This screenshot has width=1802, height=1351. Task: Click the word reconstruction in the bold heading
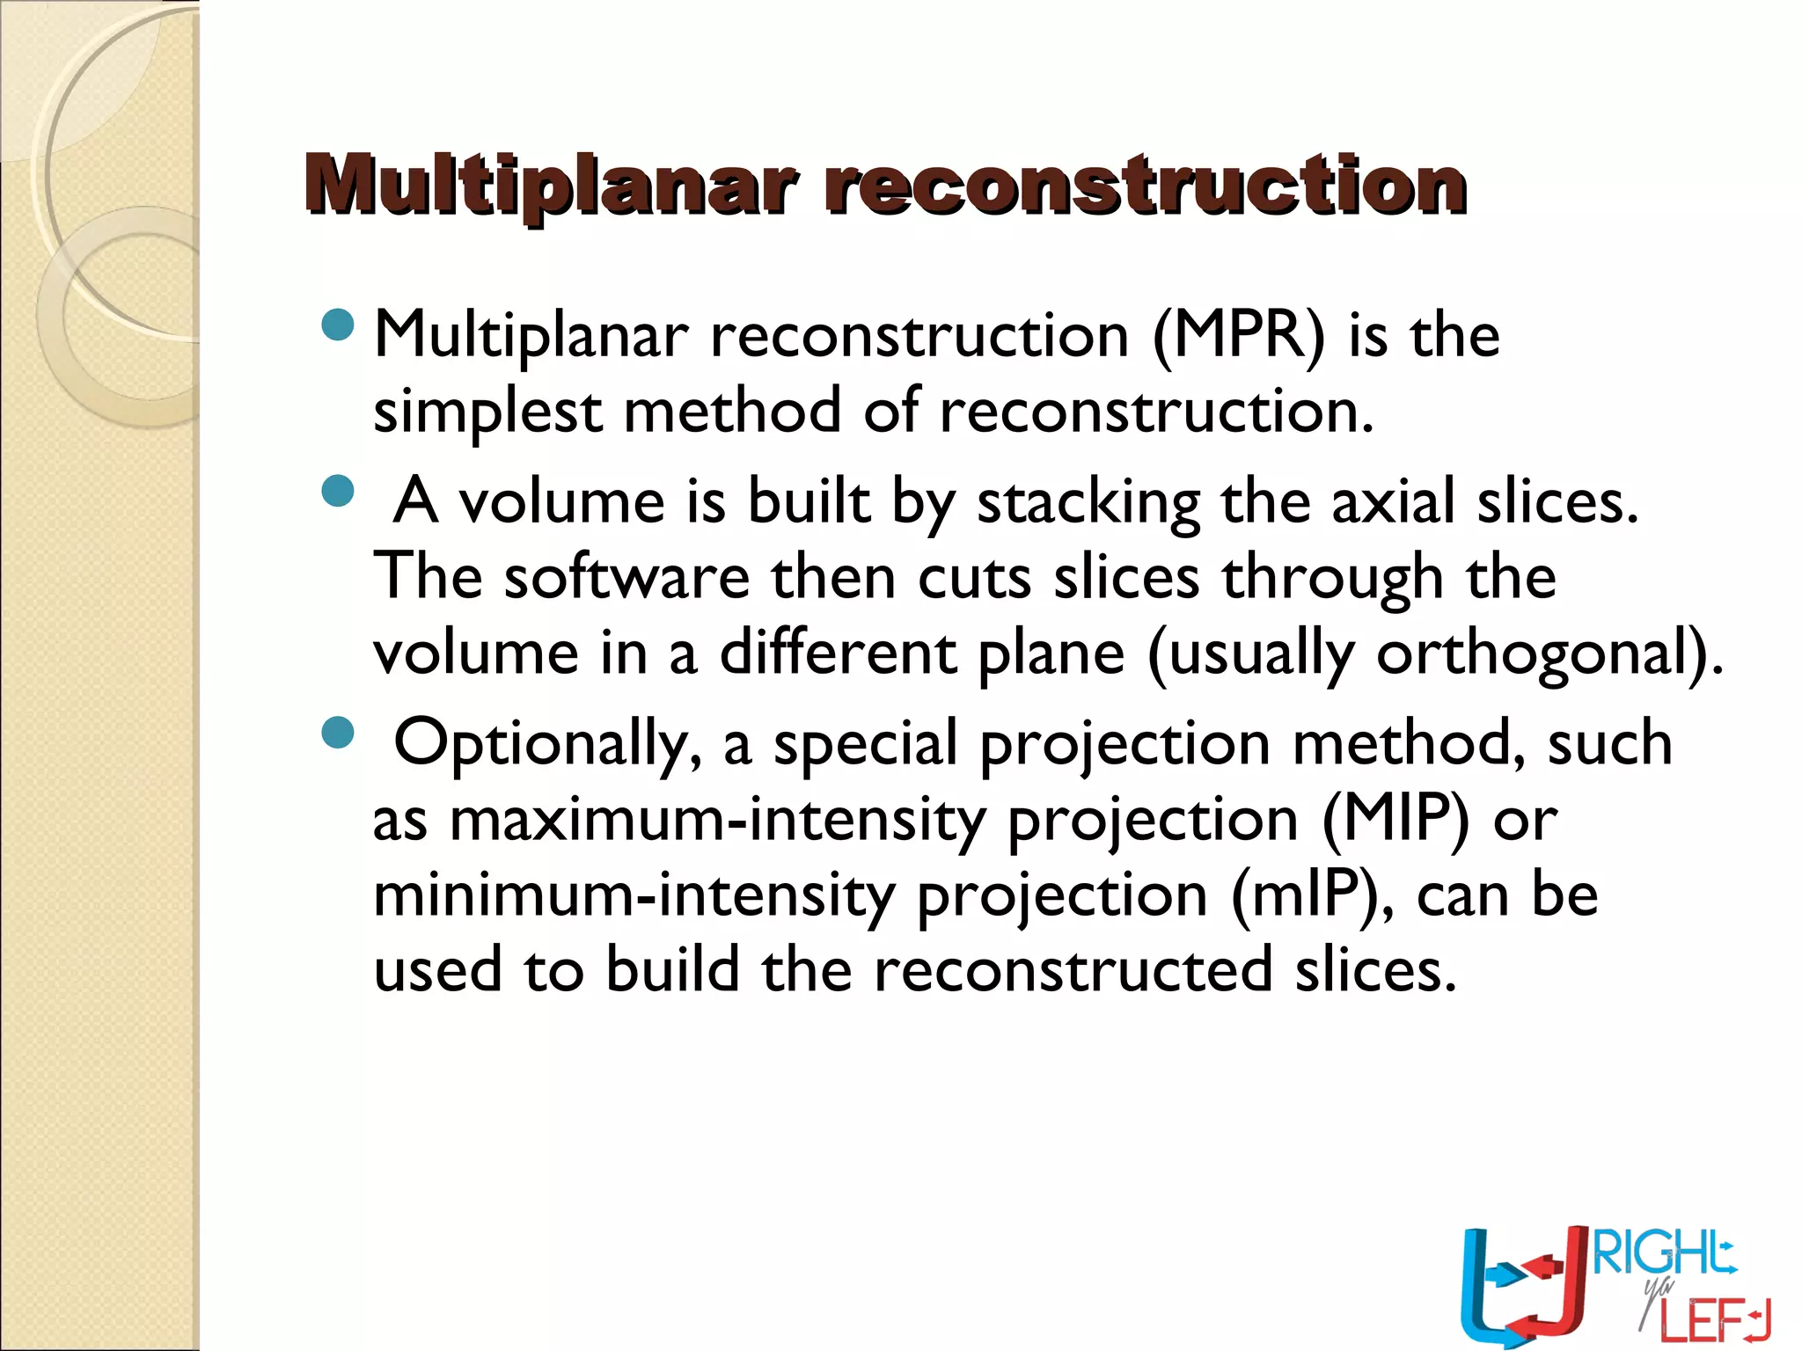1144,186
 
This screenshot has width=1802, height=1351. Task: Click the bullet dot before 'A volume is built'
338,492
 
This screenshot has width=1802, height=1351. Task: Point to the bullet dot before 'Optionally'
338,733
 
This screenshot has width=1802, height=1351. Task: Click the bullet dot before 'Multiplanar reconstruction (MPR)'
338,325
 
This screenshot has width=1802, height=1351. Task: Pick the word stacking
1088,503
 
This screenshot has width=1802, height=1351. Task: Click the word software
626,578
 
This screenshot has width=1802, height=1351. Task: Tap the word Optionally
546,744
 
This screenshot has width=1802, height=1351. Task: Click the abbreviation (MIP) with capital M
1395,820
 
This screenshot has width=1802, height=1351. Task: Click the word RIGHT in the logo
1663,1253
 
